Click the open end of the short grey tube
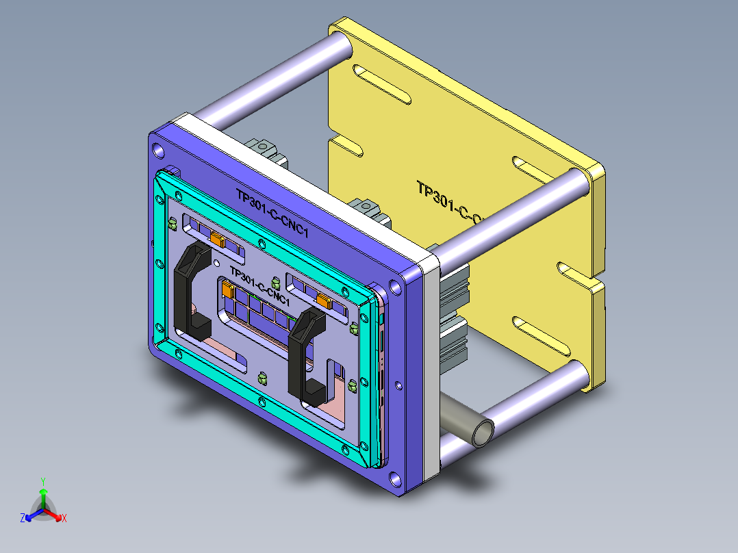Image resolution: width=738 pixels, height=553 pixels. pyautogui.click(x=484, y=433)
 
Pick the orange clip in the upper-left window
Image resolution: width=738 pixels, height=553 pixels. pyautogui.click(x=218, y=239)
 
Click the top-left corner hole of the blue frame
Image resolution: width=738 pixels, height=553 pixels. pyautogui.click(x=160, y=150)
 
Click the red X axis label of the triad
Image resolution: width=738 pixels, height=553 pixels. pyautogui.click(x=64, y=519)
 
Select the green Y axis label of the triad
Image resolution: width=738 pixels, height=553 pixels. pyautogui.click(x=42, y=481)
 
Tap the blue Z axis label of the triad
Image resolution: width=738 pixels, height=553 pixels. pyautogui.click(x=23, y=519)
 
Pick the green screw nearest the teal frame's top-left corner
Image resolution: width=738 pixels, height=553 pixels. pyautogui.click(x=173, y=224)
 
